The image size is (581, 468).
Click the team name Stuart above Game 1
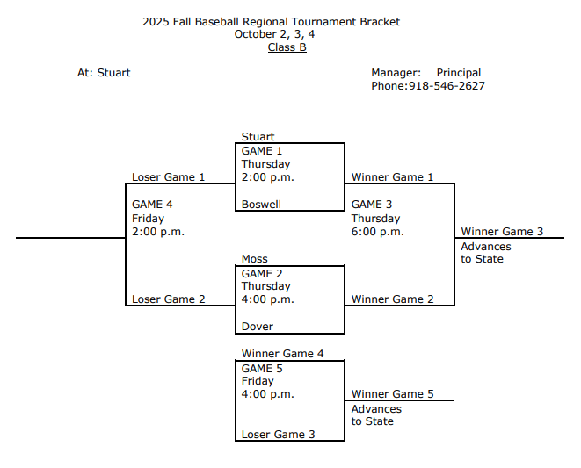pos(258,137)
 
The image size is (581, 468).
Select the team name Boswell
pos(261,205)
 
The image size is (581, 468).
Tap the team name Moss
pos(255,259)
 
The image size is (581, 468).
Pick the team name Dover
pos(258,327)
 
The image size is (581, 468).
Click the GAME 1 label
pos(262,151)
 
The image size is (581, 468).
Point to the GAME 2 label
pos(262,273)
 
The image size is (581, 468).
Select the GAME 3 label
pos(372,205)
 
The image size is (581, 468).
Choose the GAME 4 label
pos(152,205)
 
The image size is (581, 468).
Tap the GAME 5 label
pos(262,369)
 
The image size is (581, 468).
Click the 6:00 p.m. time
pos(377,232)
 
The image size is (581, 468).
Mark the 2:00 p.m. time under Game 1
pos(267,177)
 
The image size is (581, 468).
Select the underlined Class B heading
pos(287,47)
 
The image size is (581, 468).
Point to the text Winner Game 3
pos(502,232)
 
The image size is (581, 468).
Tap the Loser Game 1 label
pos(168,177)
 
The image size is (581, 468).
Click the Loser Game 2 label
pos(168,299)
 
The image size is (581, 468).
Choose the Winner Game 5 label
pos(392,394)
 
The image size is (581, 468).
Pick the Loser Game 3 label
pos(278,435)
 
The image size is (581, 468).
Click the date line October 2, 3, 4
pos(274,34)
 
